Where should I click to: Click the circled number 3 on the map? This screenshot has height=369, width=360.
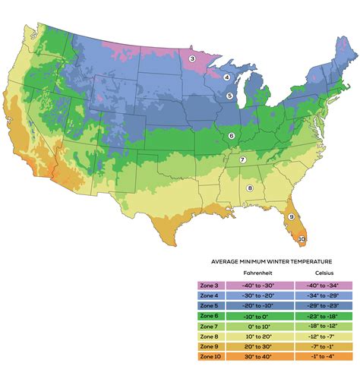192,58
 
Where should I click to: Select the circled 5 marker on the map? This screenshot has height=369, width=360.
229,96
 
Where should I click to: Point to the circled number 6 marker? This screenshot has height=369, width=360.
231,136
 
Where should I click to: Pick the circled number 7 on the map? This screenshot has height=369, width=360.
242,159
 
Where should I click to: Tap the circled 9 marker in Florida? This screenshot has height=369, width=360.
290,217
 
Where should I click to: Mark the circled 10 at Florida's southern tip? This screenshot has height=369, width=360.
302,239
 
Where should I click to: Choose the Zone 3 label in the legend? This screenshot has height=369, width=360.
209,285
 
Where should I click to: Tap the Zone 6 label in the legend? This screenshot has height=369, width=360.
209,314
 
